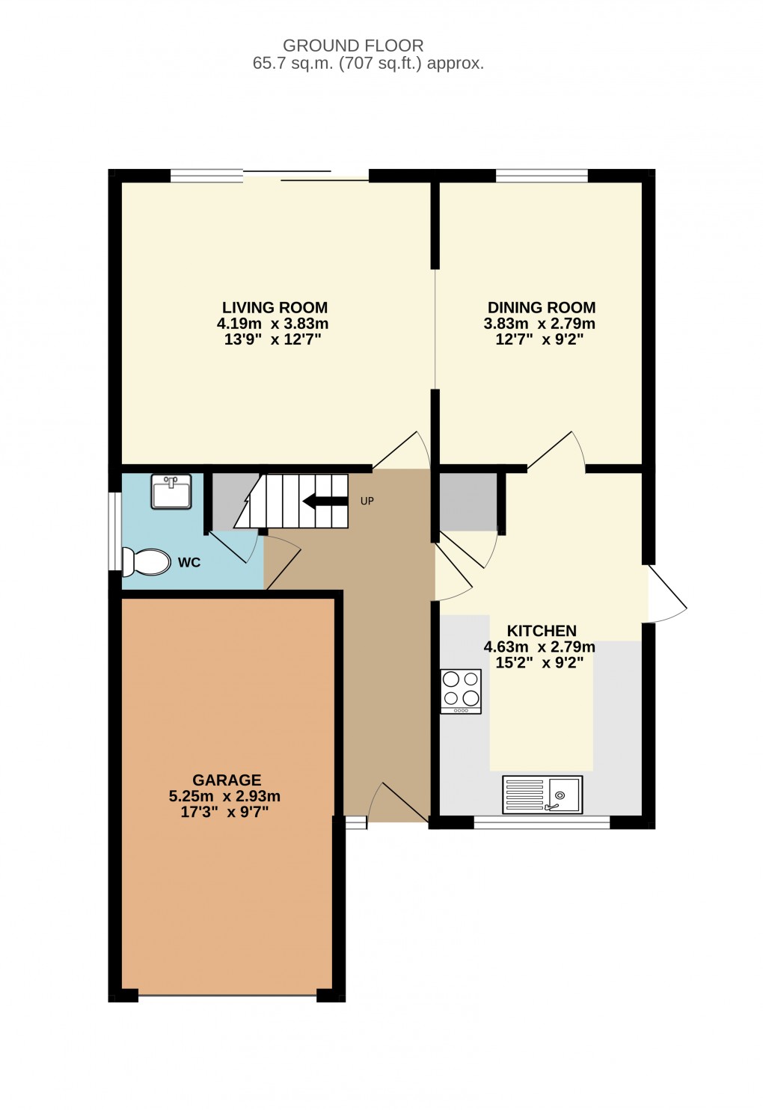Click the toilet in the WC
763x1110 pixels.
pyautogui.click(x=147, y=562)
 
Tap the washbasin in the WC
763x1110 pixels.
pyautogui.click(x=171, y=492)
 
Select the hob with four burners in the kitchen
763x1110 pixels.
pyautogui.click(x=461, y=691)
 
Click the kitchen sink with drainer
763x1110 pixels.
pyautogui.click(x=542, y=794)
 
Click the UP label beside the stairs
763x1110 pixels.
pyautogui.click(x=367, y=501)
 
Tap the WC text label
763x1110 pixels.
pyautogui.click(x=189, y=563)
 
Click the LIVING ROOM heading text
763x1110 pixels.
pyautogui.click(x=275, y=307)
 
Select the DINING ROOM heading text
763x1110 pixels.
pyautogui.click(x=541, y=307)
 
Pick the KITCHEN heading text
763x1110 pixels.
pyautogui.click(x=541, y=631)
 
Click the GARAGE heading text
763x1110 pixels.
pyautogui.click(x=227, y=780)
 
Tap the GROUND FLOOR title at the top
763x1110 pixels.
pyautogui.click(x=353, y=46)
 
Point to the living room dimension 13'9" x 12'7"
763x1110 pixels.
pyautogui.click(x=273, y=340)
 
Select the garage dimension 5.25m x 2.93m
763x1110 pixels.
pyautogui.click(x=224, y=796)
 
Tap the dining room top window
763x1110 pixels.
pyautogui.click(x=542, y=176)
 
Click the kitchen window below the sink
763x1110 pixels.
pyautogui.click(x=542, y=823)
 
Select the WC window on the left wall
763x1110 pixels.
pyautogui.click(x=114, y=531)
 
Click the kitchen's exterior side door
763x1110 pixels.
pyautogui.click(x=666, y=594)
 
